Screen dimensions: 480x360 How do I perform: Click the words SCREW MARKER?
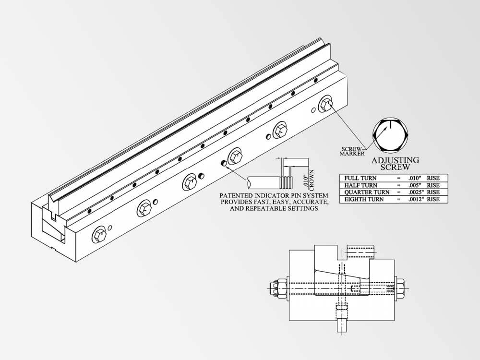point(352,151)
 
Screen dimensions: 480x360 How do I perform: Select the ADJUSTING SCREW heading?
point(395,164)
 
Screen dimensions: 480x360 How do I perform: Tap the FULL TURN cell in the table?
point(360,178)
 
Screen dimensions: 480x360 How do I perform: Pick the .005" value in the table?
point(415,185)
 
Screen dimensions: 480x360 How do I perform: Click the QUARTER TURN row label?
point(367,192)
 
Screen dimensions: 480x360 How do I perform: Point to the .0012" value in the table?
point(416,199)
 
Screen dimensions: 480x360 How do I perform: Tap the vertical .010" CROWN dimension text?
point(309,180)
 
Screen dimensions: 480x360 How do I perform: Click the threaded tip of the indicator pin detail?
point(287,183)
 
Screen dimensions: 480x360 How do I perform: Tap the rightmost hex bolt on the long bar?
point(326,105)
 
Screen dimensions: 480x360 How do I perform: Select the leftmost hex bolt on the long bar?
point(99,235)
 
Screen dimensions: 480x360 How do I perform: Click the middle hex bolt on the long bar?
point(235,157)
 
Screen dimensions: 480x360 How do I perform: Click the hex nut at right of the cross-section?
point(401,288)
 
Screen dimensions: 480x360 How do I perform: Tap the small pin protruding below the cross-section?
point(342,325)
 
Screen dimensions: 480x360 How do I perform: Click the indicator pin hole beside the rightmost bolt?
point(313,110)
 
